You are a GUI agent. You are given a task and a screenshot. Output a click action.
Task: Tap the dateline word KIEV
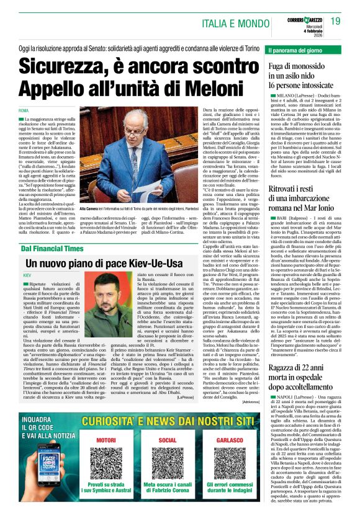pyautogui.click(x=27, y=274)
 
